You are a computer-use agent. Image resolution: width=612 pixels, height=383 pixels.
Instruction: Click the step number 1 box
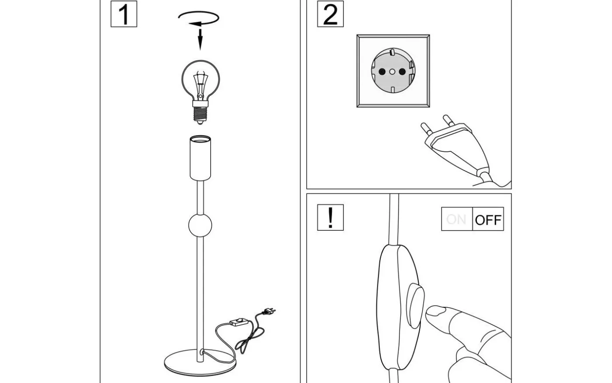[124, 14]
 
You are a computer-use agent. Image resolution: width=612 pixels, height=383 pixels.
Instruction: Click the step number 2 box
[330, 14]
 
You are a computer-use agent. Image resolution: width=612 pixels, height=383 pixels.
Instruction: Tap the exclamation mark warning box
[330, 217]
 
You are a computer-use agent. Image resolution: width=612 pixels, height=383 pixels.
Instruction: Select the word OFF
[488, 219]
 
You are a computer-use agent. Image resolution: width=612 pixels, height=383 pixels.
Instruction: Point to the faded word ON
[456, 219]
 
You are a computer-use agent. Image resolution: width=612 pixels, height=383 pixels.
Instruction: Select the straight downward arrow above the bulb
[200, 39]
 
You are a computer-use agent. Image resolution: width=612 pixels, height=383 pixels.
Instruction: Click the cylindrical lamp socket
[201, 158]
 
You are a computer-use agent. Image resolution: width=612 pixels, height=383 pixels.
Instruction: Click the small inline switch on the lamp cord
[239, 323]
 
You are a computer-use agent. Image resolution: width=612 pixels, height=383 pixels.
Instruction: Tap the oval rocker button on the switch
[414, 305]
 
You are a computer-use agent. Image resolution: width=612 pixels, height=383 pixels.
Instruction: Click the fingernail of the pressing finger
[435, 311]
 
